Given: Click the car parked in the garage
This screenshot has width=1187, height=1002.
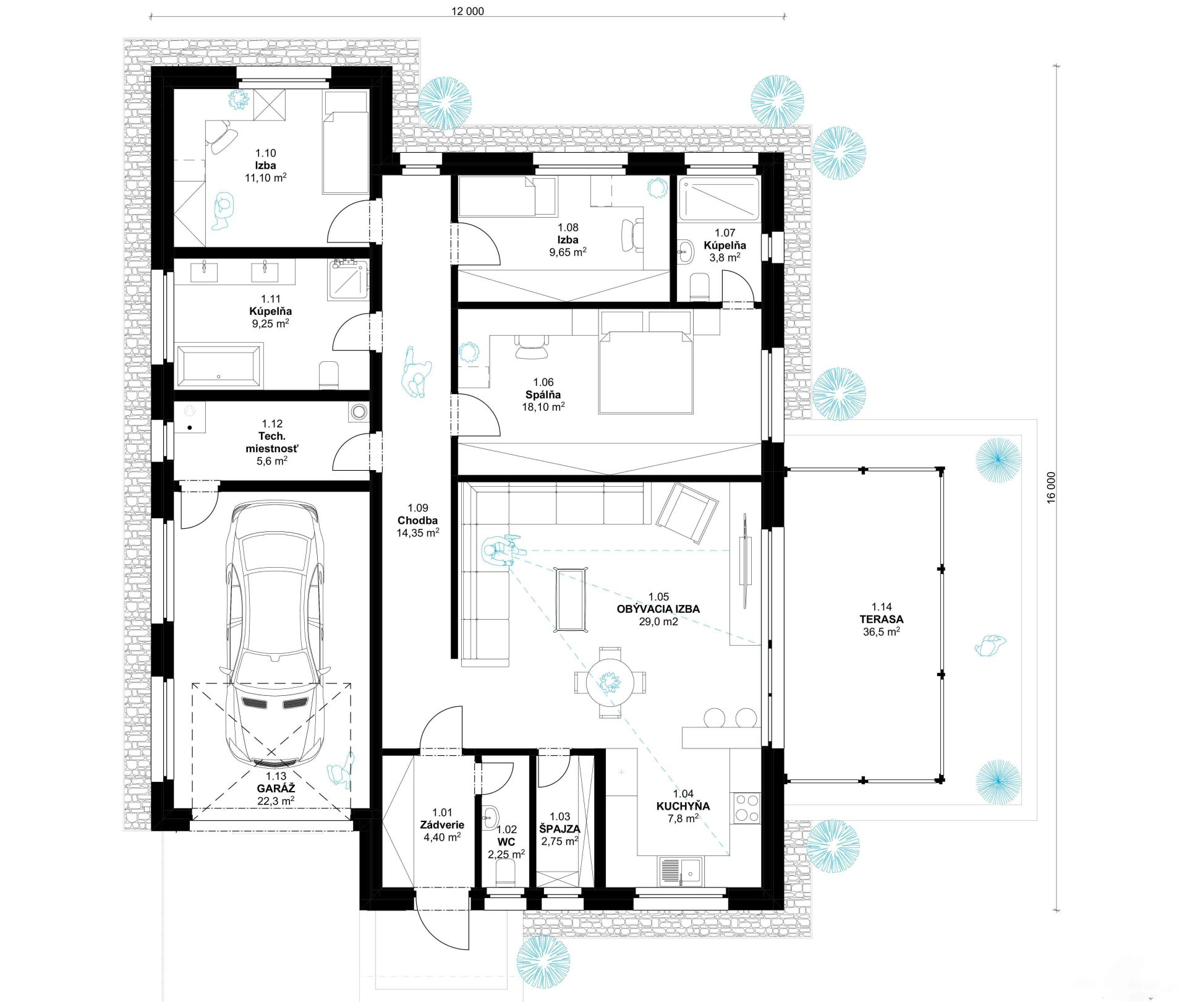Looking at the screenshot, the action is coord(276,634).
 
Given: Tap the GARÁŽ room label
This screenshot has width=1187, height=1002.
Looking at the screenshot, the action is coord(276,789).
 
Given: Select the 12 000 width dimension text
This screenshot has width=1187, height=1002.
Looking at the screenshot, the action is coord(467,11).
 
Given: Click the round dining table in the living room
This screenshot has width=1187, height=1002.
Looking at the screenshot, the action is coord(610,682).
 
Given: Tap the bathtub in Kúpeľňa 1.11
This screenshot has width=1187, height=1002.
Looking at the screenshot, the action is coord(219,367).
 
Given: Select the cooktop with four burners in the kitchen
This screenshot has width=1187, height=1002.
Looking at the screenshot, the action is coord(746,808).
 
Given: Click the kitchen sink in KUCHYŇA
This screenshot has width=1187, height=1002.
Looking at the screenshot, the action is coord(681,872).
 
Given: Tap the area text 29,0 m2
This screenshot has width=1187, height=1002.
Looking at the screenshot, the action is coord(658,622).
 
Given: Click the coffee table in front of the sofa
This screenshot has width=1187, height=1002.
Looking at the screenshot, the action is coord(572,599).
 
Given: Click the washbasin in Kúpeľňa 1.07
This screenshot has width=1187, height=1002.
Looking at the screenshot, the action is coord(686,249).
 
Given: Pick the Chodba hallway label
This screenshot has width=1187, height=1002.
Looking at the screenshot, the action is coord(418,520).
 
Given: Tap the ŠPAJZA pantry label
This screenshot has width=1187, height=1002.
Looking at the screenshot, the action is coord(559,829).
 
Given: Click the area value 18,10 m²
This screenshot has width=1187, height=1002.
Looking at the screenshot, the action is coord(543,407).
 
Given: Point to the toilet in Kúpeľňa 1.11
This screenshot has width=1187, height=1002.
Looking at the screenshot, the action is coord(330,375).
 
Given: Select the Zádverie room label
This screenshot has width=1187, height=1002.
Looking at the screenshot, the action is coord(442,825).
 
